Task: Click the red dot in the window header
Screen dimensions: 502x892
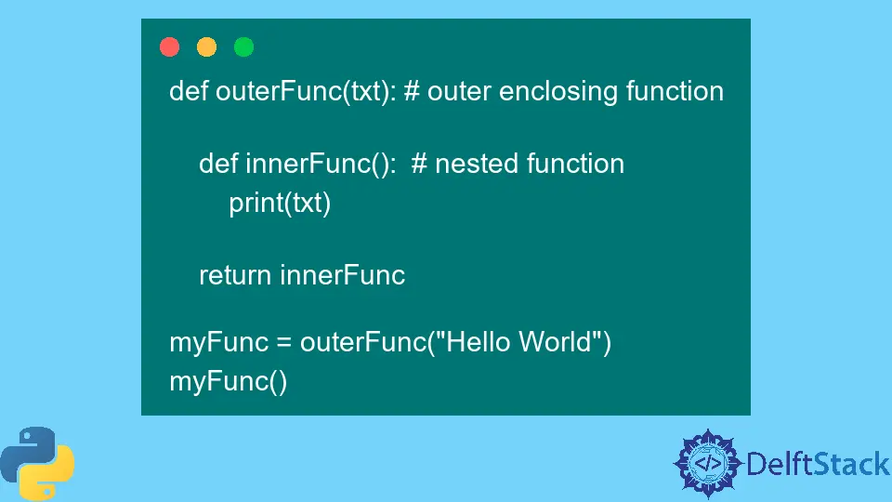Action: click(x=169, y=46)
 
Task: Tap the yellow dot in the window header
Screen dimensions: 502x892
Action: click(x=206, y=46)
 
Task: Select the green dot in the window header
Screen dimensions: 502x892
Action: click(x=243, y=46)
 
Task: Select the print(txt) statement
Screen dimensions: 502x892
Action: click(x=280, y=203)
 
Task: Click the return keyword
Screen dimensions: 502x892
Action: click(x=235, y=275)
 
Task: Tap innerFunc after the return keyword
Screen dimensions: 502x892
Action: click(x=343, y=275)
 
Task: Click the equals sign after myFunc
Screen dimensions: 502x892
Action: click(x=283, y=342)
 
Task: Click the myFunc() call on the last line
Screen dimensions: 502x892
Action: click(x=228, y=381)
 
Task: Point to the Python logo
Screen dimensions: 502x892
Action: click(x=37, y=464)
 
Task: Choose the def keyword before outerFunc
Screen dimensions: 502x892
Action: click(x=189, y=91)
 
